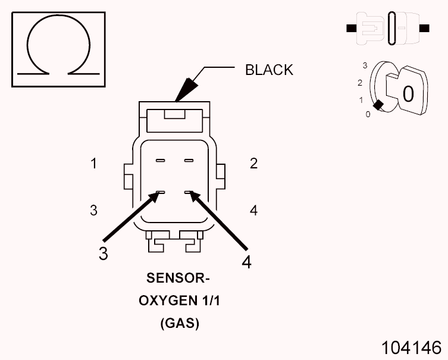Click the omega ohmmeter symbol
pyautogui.click(x=58, y=50)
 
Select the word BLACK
pyautogui.click(x=269, y=70)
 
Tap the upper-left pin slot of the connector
pyautogui.click(x=159, y=161)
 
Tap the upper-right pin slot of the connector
pyautogui.click(x=189, y=161)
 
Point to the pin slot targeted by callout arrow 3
pyautogui.click(x=159, y=193)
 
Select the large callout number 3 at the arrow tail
pyautogui.click(x=104, y=253)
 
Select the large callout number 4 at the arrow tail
pyautogui.click(x=246, y=262)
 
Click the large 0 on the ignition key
pyautogui.click(x=408, y=93)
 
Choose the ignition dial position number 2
pyautogui.click(x=360, y=83)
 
